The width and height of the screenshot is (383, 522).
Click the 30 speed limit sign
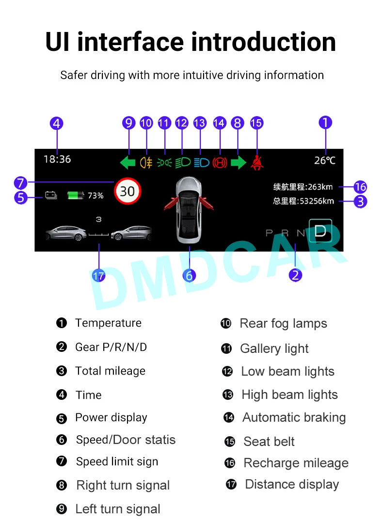tap(127, 191)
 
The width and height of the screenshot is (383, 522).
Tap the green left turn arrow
tap(128, 162)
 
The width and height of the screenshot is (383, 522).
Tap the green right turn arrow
tap(238, 162)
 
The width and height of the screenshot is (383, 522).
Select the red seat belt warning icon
tap(256, 162)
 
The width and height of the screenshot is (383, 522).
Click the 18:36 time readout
tap(57, 159)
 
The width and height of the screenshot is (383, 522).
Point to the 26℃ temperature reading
tap(324, 160)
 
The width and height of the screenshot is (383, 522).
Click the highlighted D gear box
tap(320, 231)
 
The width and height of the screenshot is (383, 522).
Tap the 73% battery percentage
tap(96, 196)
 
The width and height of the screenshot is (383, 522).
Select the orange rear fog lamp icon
tap(146, 162)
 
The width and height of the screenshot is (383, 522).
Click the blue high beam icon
tap(201, 162)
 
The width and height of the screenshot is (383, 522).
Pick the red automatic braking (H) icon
tap(220, 162)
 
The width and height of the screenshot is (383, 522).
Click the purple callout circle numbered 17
tap(98, 276)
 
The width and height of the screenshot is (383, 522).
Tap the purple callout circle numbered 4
tap(57, 123)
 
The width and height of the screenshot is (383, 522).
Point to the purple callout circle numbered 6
tap(189, 276)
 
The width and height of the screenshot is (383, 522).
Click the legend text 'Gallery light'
tap(274, 348)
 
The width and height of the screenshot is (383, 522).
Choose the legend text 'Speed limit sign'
tap(117, 462)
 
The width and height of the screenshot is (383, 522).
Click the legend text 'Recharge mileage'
tap(296, 463)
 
